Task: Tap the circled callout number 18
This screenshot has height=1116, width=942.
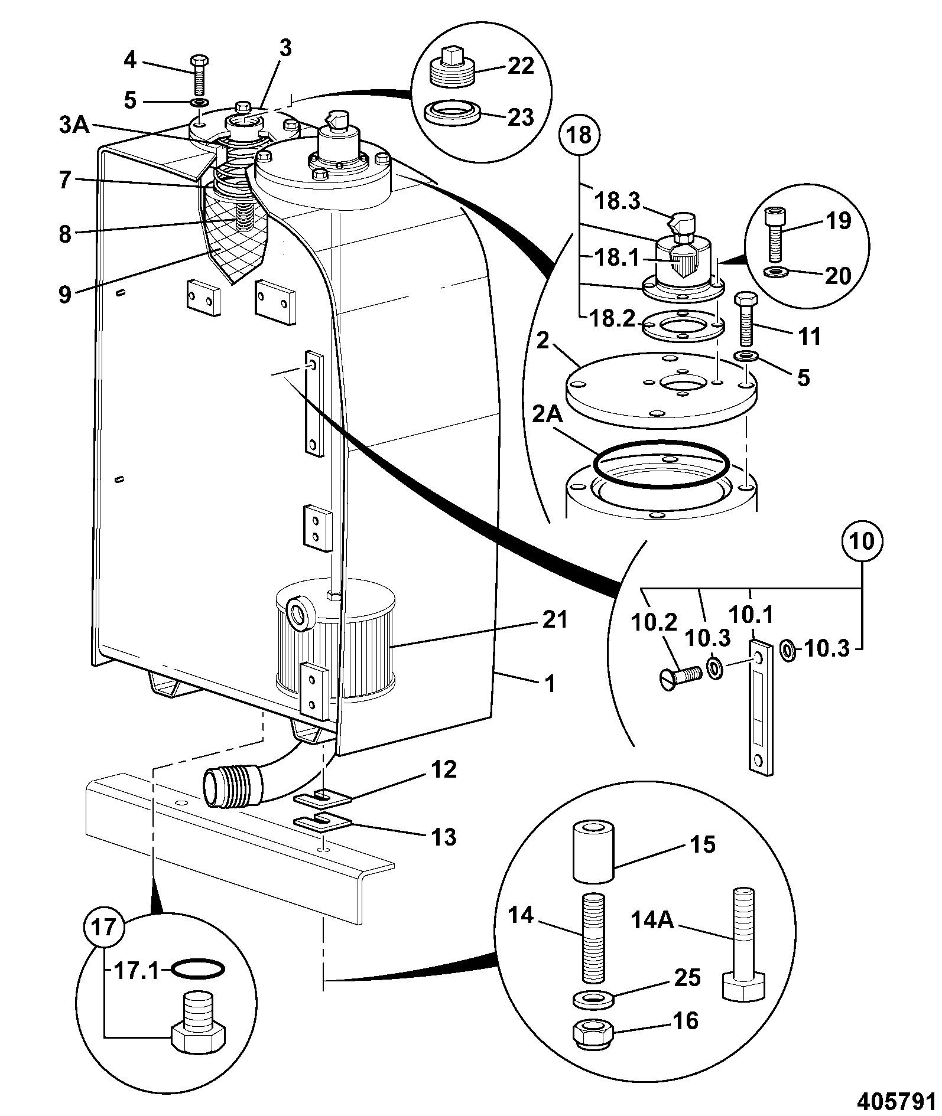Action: (x=580, y=135)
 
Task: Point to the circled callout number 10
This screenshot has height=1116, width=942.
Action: (x=862, y=541)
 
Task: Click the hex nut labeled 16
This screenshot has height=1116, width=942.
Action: (x=593, y=1032)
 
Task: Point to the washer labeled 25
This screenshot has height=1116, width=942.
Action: (x=593, y=998)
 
